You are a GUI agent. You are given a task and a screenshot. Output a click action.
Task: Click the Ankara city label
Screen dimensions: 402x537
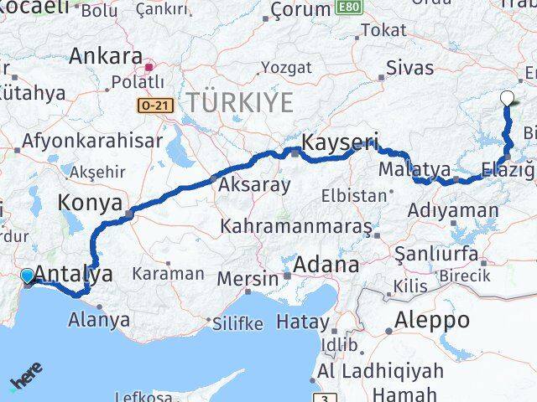tap(106, 56)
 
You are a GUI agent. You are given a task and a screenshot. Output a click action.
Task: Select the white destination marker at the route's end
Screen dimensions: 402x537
tap(506, 99)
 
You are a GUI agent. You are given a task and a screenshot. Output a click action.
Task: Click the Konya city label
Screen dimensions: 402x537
tap(90, 203)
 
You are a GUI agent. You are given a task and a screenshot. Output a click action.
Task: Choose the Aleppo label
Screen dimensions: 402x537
tap(433, 320)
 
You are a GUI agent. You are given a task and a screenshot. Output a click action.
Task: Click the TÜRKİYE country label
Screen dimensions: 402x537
tap(240, 103)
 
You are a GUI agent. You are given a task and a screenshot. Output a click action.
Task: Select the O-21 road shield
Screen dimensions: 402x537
tap(151, 105)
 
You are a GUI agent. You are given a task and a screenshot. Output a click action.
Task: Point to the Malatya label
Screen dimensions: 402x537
tap(403, 169)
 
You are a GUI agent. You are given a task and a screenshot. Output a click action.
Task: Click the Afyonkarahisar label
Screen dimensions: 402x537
tap(92, 142)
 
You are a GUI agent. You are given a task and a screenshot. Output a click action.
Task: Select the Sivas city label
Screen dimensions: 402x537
tap(410, 67)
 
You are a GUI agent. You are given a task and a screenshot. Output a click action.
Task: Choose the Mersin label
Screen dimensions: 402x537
tap(247, 278)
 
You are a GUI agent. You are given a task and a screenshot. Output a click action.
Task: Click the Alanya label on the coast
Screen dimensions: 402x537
tap(99, 319)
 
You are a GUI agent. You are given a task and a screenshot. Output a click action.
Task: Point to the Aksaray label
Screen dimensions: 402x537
tap(254, 184)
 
